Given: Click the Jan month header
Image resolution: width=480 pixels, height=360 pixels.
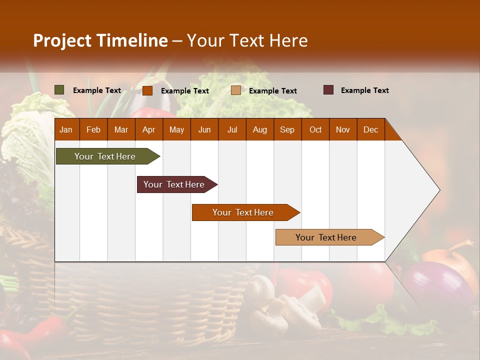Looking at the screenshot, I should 66,130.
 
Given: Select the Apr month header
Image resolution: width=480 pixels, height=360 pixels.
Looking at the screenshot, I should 148,130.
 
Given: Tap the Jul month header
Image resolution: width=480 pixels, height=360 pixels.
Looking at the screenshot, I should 232,130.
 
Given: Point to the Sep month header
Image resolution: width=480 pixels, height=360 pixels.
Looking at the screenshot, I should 287,130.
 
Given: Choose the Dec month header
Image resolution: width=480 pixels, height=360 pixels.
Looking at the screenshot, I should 370,130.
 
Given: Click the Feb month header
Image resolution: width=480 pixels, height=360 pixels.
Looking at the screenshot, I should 93,130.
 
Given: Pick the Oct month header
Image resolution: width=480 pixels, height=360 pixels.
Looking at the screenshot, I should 315,130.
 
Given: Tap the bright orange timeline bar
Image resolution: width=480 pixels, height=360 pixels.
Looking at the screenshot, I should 243,212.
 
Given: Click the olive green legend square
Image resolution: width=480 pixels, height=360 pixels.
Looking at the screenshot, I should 59,90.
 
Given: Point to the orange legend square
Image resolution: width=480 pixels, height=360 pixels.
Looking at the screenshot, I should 147,90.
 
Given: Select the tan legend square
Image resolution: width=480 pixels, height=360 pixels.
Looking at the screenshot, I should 236,90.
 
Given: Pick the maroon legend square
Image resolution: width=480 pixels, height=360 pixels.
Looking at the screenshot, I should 328,90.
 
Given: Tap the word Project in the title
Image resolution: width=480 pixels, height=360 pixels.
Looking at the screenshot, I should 62,41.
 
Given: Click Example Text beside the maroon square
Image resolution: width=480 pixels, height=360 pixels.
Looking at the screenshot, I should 364,90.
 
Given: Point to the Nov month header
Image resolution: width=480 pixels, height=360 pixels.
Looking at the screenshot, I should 343,130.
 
